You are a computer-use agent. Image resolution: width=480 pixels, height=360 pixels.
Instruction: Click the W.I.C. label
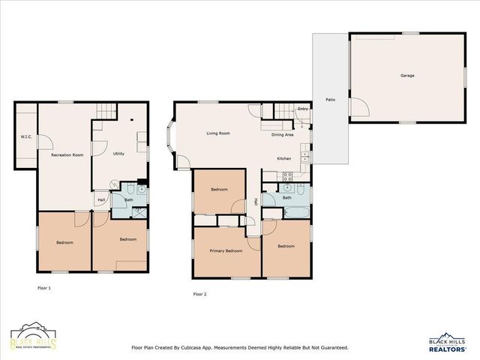click(x=25, y=136)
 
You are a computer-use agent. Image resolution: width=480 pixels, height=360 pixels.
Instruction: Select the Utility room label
click(x=118, y=153)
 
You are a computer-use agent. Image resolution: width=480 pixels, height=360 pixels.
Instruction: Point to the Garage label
click(x=406, y=75)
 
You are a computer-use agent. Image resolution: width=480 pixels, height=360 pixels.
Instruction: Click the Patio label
click(x=330, y=99)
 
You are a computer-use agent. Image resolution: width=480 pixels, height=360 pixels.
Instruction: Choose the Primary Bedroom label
click(x=226, y=250)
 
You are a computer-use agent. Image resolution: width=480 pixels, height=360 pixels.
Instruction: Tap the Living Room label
click(x=217, y=133)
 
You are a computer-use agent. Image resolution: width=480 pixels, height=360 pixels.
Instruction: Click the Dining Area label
click(x=282, y=134)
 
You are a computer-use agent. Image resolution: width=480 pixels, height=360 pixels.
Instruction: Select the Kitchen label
click(x=284, y=158)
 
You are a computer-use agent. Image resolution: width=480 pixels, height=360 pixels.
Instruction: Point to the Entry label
click(x=302, y=109)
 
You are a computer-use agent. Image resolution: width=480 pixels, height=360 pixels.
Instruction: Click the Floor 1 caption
click(x=44, y=287)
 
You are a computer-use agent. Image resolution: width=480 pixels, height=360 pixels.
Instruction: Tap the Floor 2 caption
click(x=199, y=294)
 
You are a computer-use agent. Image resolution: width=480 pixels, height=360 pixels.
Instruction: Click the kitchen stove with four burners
click(x=286, y=176)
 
